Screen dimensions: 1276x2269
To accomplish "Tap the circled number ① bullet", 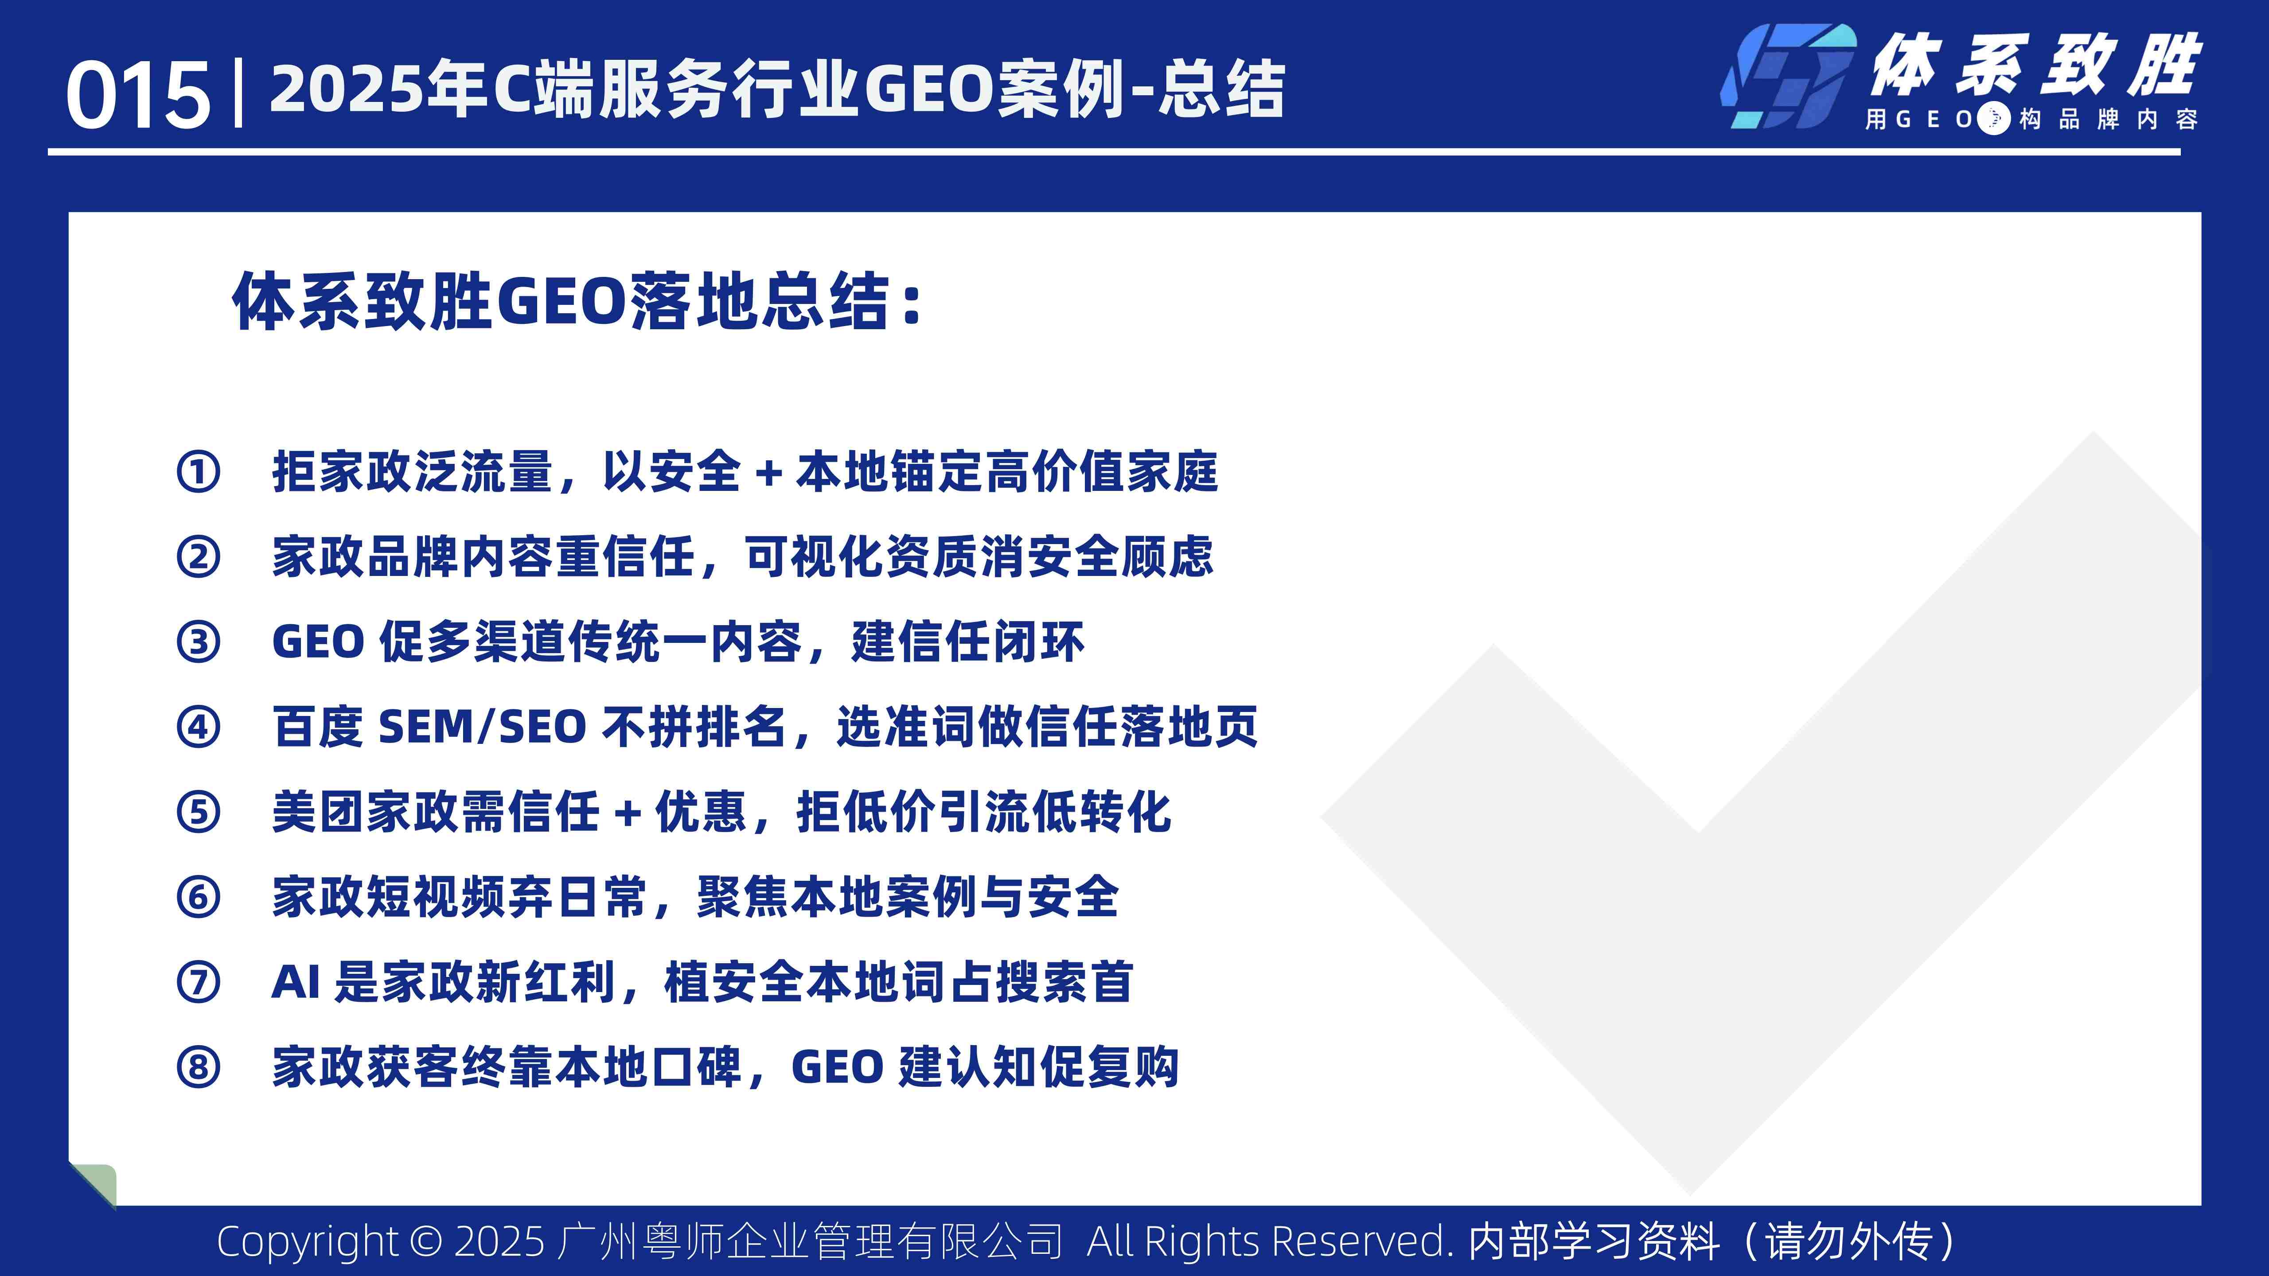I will click(198, 472).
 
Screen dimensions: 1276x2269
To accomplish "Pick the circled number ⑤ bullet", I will click(198, 812).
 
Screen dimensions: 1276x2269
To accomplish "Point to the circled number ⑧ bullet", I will click(198, 1067).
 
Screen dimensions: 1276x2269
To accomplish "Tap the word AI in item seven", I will click(295, 982).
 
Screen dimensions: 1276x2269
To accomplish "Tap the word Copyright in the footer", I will click(308, 1241).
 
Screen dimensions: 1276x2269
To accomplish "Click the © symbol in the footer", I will click(426, 1241).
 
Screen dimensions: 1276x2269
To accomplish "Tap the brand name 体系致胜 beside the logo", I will click(2035, 66).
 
